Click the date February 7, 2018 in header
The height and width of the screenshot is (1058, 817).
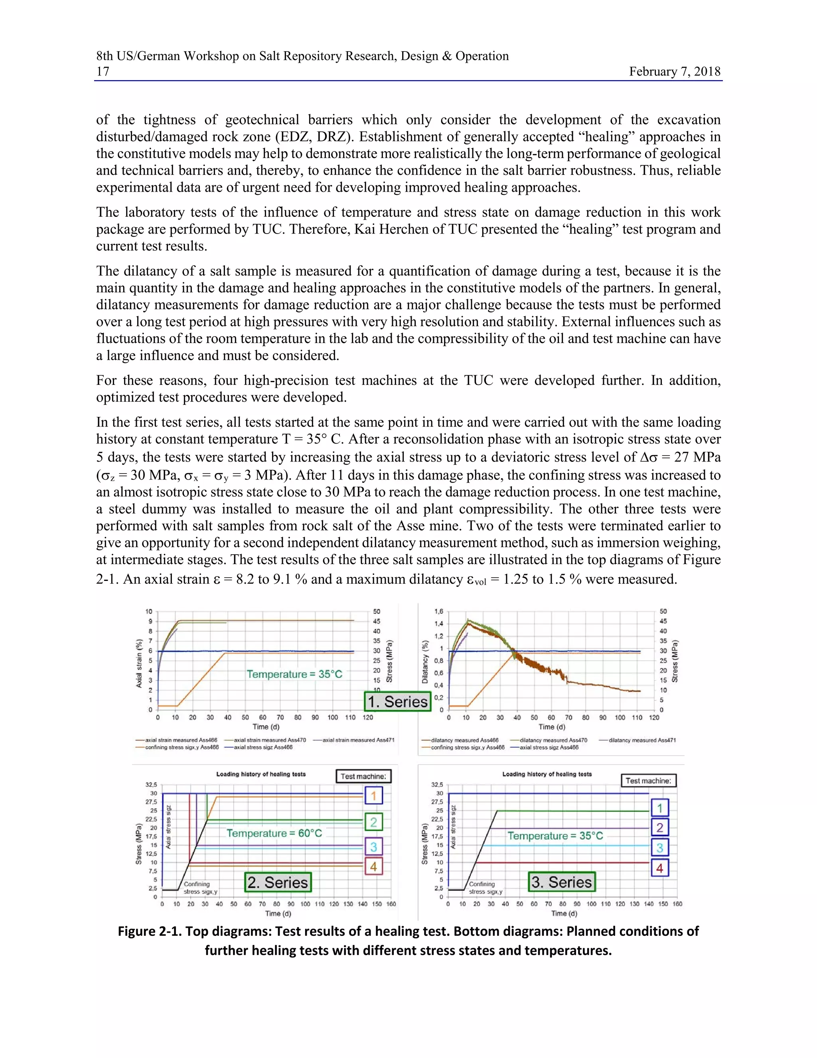(674, 72)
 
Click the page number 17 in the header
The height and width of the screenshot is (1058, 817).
(103, 72)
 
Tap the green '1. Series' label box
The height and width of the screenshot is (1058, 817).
(397, 701)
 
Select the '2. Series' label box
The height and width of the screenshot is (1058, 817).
(278, 882)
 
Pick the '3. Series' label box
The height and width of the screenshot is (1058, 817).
(561, 882)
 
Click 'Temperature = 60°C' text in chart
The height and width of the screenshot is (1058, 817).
(274, 833)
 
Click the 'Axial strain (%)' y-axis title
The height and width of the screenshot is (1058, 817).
(139, 663)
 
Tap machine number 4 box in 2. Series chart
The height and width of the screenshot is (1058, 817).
(373, 866)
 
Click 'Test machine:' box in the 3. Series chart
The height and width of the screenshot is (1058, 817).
(648, 781)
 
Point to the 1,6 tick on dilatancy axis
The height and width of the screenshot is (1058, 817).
(438, 611)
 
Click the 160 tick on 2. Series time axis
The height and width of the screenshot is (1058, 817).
(391, 904)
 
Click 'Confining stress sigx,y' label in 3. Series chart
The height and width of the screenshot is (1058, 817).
(485, 888)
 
